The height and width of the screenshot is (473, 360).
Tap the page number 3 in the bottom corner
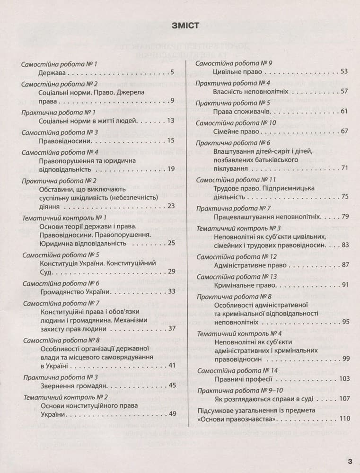350,461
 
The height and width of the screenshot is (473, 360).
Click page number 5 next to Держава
172,73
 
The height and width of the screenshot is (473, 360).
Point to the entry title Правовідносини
68,141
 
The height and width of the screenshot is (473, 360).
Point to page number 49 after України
172,414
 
